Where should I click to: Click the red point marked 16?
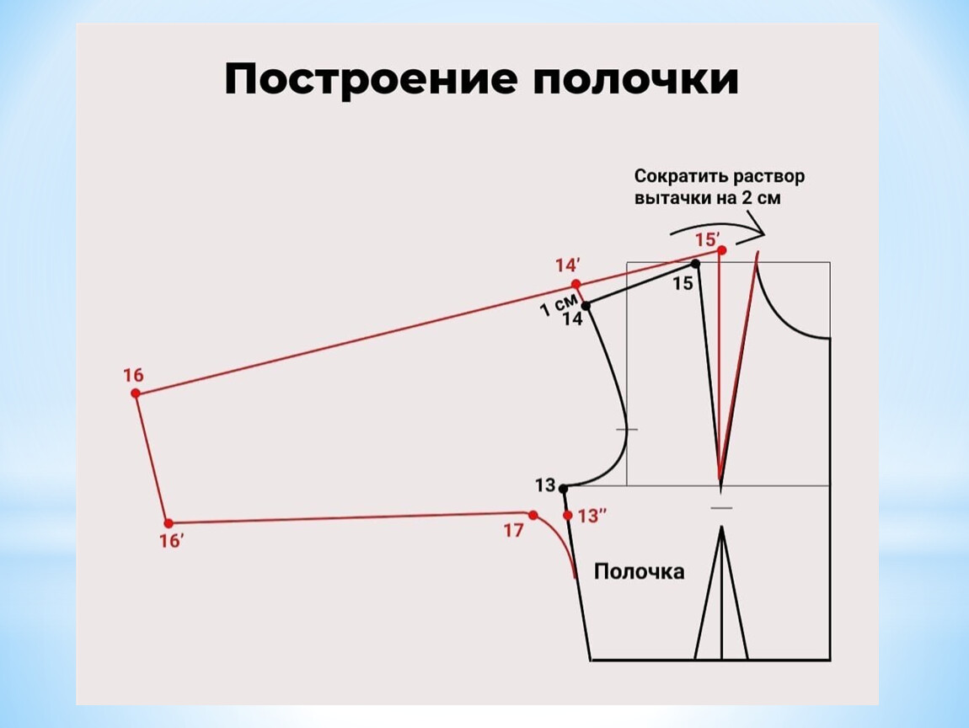pyautogui.click(x=136, y=393)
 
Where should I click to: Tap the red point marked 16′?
pyautogui.click(x=169, y=523)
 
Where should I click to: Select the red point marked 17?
pyautogui.click(x=533, y=515)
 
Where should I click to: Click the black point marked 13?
pyautogui.click(x=563, y=489)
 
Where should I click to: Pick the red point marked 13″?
pyautogui.click(x=568, y=515)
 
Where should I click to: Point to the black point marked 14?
pyautogui.click(x=586, y=305)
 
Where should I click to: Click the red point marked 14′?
pyautogui.click(x=576, y=284)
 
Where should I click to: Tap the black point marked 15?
pyautogui.click(x=695, y=264)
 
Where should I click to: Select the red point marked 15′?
pyautogui.click(x=722, y=249)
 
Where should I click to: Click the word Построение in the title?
pyautogui.click(x=370, y=80)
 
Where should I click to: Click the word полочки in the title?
pyautogui.click(x=636, y=80)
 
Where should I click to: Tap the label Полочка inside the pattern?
pyautogui.click(x=639, y=571)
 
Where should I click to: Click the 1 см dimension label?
pyautogui.click(x=559, y=304)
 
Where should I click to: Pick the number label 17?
pyautogui.click(x=513, y=531)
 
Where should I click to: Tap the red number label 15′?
pyautogui.click(x=708, y=240)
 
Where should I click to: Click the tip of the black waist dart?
pyautogui.click(x=721, y=527)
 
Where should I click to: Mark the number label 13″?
pyautogui.click(x=592, y=516)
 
